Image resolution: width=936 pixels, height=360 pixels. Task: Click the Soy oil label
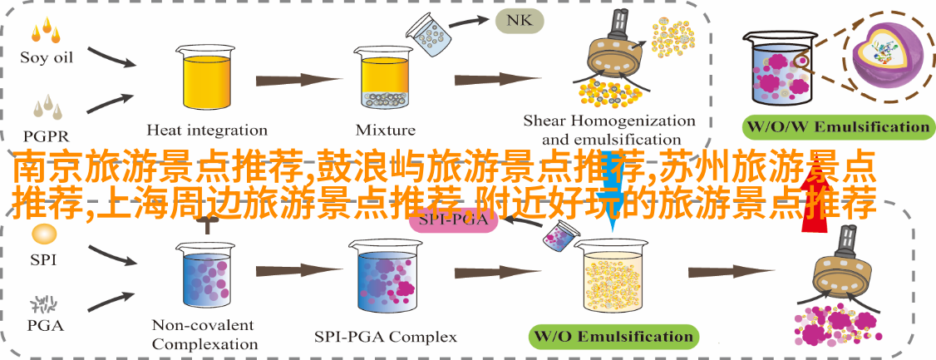(47, 57)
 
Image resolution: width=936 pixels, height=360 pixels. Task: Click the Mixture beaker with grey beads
(385, 80)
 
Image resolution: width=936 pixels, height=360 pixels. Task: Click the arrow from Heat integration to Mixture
(292, 80)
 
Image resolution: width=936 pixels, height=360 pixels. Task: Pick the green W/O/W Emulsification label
(837, 127)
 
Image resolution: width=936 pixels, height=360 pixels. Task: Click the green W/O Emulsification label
(613, 336)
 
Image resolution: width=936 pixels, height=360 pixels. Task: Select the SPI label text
(43, 259)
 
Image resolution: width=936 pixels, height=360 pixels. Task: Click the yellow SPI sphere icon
(43, 234)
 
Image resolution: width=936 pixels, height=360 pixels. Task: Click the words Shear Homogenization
(608, 121)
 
